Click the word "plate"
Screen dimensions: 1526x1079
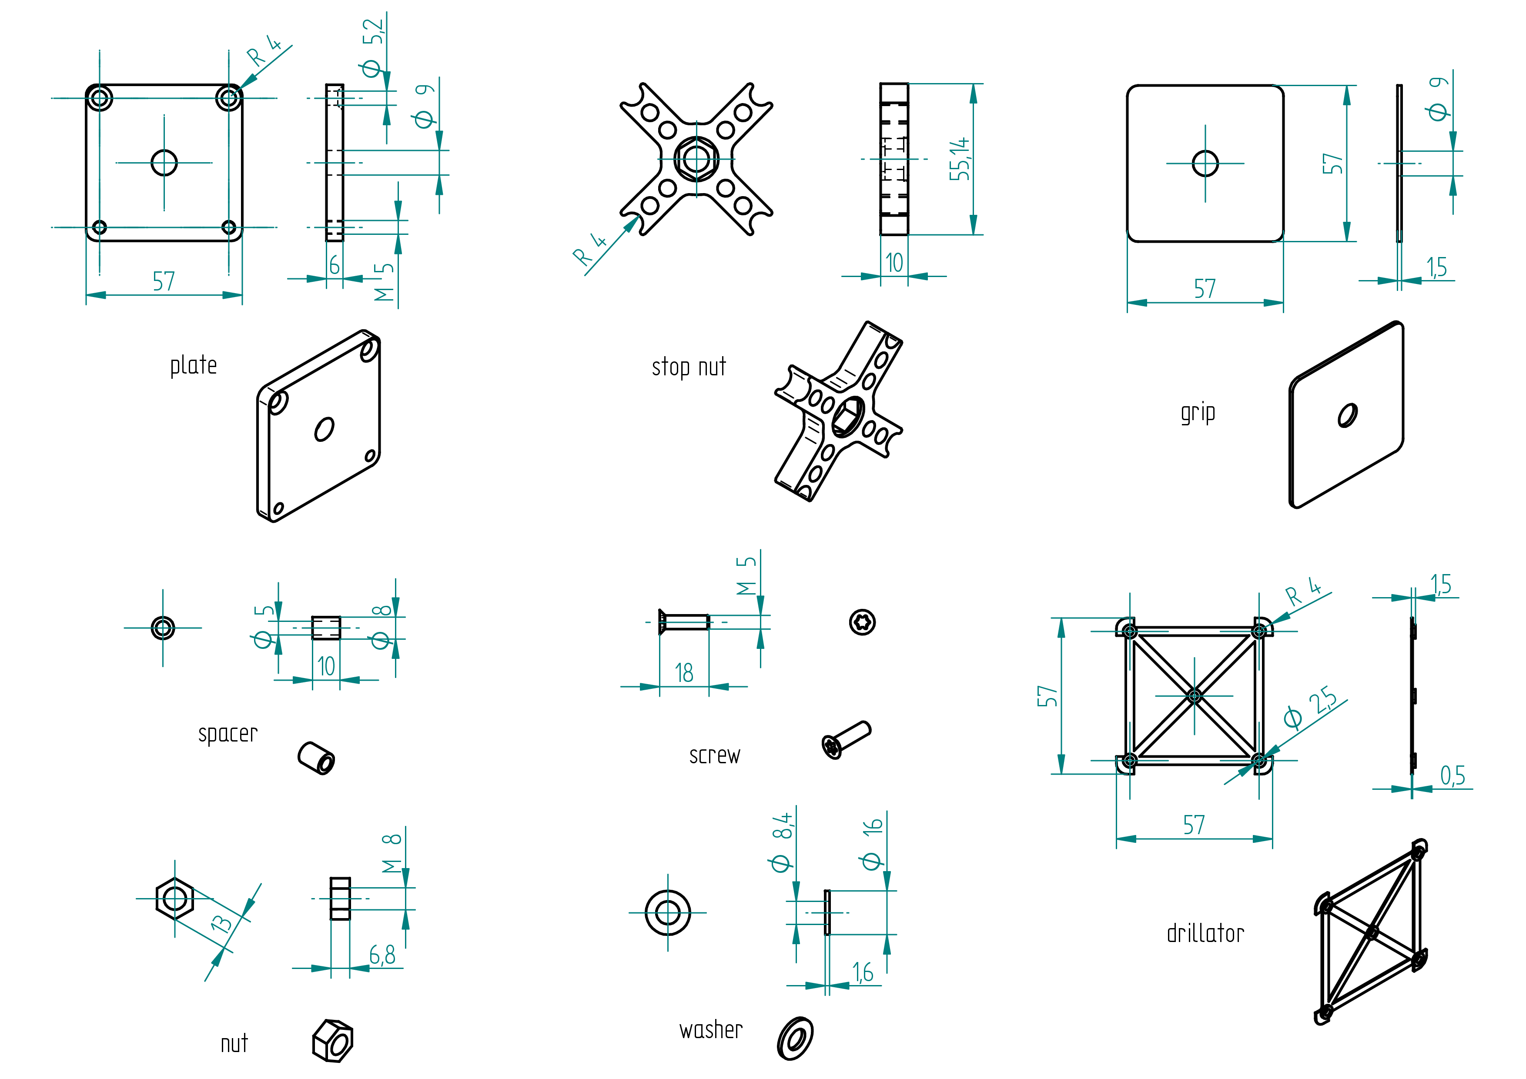[194, 365]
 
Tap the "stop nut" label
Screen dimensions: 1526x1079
[689, 367]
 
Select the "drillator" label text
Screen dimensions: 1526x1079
[1205, 933]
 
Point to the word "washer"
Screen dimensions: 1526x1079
[710, 1030]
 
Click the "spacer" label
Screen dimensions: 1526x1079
[228, 734]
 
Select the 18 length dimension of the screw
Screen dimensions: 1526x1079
[684, 673]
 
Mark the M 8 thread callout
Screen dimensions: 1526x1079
[392, 854]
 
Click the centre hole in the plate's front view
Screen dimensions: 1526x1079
[164, 163]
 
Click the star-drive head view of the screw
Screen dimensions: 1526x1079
[862, 622]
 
